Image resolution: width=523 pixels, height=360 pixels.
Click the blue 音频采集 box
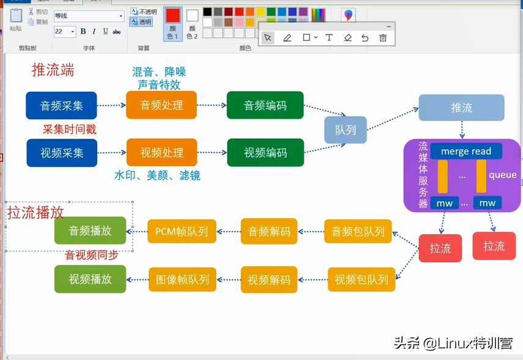pyautogui.click(x=62, y=106)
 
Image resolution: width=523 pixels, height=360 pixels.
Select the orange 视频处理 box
pyautogui.click(x=162, y=153)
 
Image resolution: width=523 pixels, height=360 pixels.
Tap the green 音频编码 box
pyautogui.click(x=265, y=106)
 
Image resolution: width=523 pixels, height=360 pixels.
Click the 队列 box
pyautogui.click(x=346, y=130)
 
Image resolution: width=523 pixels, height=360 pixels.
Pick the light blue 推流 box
pyautogui.click(x=461, y=108)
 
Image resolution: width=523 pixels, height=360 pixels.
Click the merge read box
pyautogui.click(x=466, y=151)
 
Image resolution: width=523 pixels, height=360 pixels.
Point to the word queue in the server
pyautogui.click(x=502, y=175)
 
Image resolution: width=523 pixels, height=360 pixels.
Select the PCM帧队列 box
pyautogui.click(x=182, y=232)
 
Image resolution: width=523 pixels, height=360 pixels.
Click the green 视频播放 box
pyautogui.click(x=90, y=279)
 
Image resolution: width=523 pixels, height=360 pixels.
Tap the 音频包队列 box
pyautogui.click(x=358, y=232)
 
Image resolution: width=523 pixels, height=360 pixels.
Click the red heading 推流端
pyautogui.click(x=53, y=70)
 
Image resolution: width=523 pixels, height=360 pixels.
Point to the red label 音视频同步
pyautogui.click(x=92, y=255)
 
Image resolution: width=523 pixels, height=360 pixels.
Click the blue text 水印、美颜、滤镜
pyautogui.click(x=158, y=175)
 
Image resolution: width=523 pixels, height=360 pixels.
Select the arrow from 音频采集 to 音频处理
pyautogui.click(x=112, y=105)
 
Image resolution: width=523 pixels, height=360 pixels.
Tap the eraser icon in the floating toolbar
pyautogui.click(x=348, y=38)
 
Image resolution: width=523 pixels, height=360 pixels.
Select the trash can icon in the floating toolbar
pyautogui.click(x=383, y=38)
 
